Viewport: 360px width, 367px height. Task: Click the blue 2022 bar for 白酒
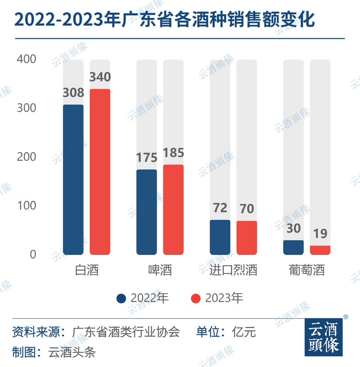[73, 180]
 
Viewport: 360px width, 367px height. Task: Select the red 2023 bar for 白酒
[100, 172]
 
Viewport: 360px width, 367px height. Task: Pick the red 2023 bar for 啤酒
[173, 209]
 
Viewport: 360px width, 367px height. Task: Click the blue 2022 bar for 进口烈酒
[220, 237]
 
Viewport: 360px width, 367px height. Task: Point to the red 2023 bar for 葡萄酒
[320, 250]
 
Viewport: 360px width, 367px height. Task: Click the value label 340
[100, 77]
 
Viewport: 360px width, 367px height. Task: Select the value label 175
[147, 158]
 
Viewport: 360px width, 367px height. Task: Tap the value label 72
[220, 208]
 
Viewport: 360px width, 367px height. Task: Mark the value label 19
[320, 234]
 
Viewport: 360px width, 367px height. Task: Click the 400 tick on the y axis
[26, 59]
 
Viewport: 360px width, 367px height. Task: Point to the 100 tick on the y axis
[26, 206]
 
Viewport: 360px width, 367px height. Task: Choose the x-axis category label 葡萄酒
[307, 271]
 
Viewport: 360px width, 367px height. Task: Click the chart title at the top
[164, 20]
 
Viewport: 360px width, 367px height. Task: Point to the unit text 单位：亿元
[226, 333]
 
